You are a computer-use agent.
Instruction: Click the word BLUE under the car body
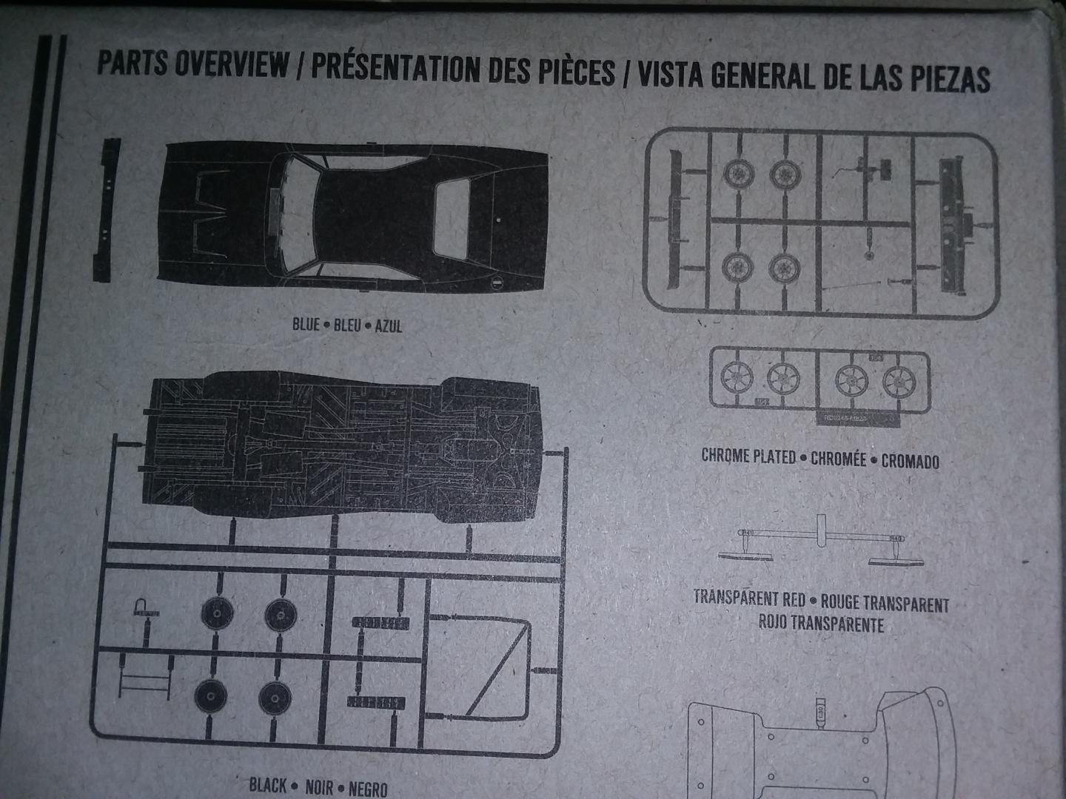pyautogui.click(x=306, y=324)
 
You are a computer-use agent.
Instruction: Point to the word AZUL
pyautogui.click(x=389, y=326)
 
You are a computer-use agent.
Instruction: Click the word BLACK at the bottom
pyautogui.click(x=267, y=784)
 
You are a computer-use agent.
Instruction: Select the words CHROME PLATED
pyautogui.click(x=748, y=456)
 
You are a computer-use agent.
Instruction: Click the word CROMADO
pyautogui.click(x=910, y=461)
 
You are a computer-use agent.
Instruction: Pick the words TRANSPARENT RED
pyautogui.click(x=749, y=597)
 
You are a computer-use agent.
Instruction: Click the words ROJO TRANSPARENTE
pyautogui.click(x=820, y=623)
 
